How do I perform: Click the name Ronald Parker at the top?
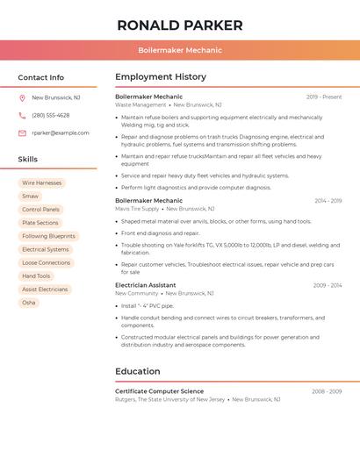[x=180, y=25]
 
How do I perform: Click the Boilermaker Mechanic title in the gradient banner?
[x=180, y=50]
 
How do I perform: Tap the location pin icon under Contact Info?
[x=22, y=97]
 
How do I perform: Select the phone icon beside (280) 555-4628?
[x=22, y=115]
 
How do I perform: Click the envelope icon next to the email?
[x=22, y=132]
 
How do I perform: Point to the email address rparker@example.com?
[x=61, y=132]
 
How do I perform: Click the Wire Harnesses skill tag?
[x=42, y=182]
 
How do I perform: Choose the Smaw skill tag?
[x=31, y=196]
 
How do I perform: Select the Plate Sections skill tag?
[x=40, y=223]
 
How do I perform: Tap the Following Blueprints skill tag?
[x=48, y=236]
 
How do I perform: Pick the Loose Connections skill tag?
[x=46, y=262]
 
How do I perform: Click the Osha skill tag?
[x=29, y=303]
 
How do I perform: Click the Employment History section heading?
[x=161, y=77]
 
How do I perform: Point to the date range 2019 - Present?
[x=324, y=97]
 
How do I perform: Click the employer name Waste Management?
[x=140, y=104]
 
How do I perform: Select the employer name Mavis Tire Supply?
[x=137, y=209]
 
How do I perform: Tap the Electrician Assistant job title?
[x=146, y=285]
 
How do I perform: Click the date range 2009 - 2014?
[x=327, y=285]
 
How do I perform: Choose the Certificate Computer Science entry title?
[x=159, y=391]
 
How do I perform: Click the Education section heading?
[x=138, y=371]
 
